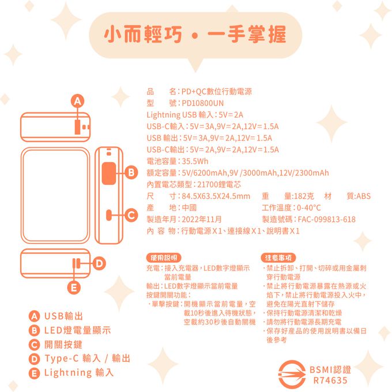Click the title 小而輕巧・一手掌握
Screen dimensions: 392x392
(x=195, y=34)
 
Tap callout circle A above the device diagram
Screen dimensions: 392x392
(x=77, y=101)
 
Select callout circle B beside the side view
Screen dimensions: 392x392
(x=131, y=172)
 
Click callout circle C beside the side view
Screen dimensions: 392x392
(x=131, y=215)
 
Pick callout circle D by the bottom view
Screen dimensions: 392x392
(x=99, y=263)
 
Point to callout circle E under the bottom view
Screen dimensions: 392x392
(x=74, y=288)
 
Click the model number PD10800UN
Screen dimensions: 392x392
(x=203, y=103)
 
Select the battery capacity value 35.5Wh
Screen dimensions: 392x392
(x=195, y=161)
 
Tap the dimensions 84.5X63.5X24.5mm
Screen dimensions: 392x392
(x=216, y=196)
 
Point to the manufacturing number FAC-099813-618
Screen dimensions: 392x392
(x=327, y=219)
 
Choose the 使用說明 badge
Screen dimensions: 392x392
(x=164, y=258)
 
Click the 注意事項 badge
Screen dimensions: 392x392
(x=278, y=258)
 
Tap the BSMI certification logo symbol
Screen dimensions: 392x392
(x=292, y=374)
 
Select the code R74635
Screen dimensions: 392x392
(x=330, y=380)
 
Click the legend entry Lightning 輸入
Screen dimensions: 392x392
(x=79, y=372)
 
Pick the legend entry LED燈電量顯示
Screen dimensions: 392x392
(x=77, y=330)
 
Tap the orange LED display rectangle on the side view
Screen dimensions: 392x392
(x=109, y=174)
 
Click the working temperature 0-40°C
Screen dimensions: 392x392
(x=309, y=208)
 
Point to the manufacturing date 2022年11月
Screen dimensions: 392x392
(x=202, y=219)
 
